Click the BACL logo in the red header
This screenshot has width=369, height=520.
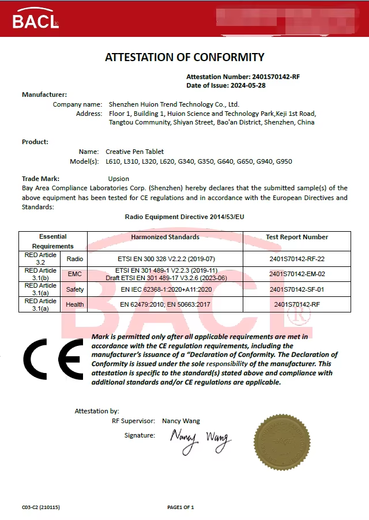[x=35, y=20]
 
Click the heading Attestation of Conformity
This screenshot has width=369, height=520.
[x=184, y=57]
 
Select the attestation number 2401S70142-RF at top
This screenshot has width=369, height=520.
[x=276, y=77]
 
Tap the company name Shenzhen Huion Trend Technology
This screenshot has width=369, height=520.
[x=174, y=104]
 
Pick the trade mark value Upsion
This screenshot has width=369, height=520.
[x=119, y=179]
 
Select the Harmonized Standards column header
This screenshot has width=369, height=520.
[x=165, y=237]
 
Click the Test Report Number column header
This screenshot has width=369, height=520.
[x=297, y=237]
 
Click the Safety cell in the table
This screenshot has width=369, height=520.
[x=75, y=289]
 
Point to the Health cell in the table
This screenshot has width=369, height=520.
[x=75, y=304]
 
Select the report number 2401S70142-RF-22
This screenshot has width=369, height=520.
[x=297, y=259]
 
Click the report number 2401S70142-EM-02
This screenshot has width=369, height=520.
[x=297, y=274]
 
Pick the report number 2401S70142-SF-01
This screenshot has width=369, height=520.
[x=297, y=289]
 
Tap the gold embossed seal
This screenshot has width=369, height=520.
[x=282, y=442]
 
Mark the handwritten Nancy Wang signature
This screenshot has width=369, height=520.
[x=200, y=442]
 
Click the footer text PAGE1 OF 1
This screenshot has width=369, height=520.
[x=180, y=507]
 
